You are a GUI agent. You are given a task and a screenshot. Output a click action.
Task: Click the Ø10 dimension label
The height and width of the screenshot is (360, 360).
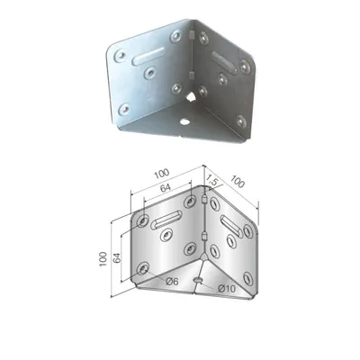point(227,289)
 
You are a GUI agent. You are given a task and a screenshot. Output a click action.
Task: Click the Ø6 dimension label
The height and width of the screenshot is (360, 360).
point(172,282)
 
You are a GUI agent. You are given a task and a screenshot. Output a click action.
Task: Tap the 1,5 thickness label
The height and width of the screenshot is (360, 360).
point(211,181)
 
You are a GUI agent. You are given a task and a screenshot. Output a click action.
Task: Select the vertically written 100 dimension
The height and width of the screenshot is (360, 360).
point(103,258)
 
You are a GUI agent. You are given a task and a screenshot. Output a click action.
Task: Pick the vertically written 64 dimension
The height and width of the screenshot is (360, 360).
point(117,257)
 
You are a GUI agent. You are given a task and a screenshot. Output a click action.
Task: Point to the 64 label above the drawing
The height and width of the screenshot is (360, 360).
point(165,188)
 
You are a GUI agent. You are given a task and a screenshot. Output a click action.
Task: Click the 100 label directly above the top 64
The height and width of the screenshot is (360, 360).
point(162,174)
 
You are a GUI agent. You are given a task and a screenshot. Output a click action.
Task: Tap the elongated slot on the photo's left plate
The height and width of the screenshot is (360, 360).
point(148,56)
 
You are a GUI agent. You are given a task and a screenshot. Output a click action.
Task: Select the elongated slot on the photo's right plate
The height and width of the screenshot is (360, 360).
point(224,62)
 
